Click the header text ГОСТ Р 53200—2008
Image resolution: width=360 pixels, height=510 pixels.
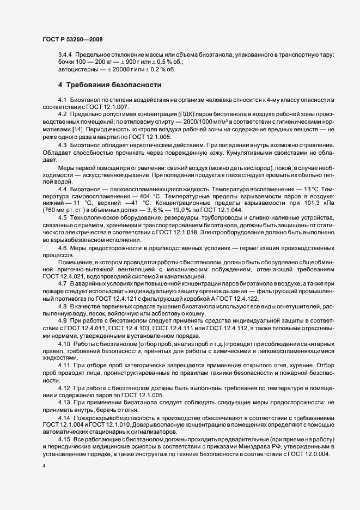(x=72, y=40)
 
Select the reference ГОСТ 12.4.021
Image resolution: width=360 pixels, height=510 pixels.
(x=62, y=277)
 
